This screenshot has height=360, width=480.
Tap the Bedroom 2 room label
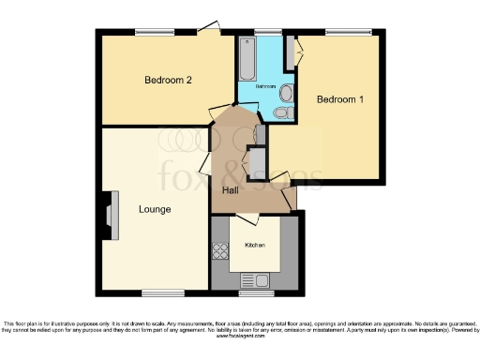(169, 80)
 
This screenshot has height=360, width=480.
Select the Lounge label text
(155, 208)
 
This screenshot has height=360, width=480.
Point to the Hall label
(230, 191)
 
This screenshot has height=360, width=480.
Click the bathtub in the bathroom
(247, 58)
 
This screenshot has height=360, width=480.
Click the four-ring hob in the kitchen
(222, 250)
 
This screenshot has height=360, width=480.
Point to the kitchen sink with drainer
(254, 278)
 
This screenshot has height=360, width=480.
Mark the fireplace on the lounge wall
(111, 211)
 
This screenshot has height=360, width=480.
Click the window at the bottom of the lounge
(157, 292)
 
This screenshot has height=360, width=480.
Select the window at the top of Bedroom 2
(153, 33)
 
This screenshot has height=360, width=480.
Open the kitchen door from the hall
(247, 220)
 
